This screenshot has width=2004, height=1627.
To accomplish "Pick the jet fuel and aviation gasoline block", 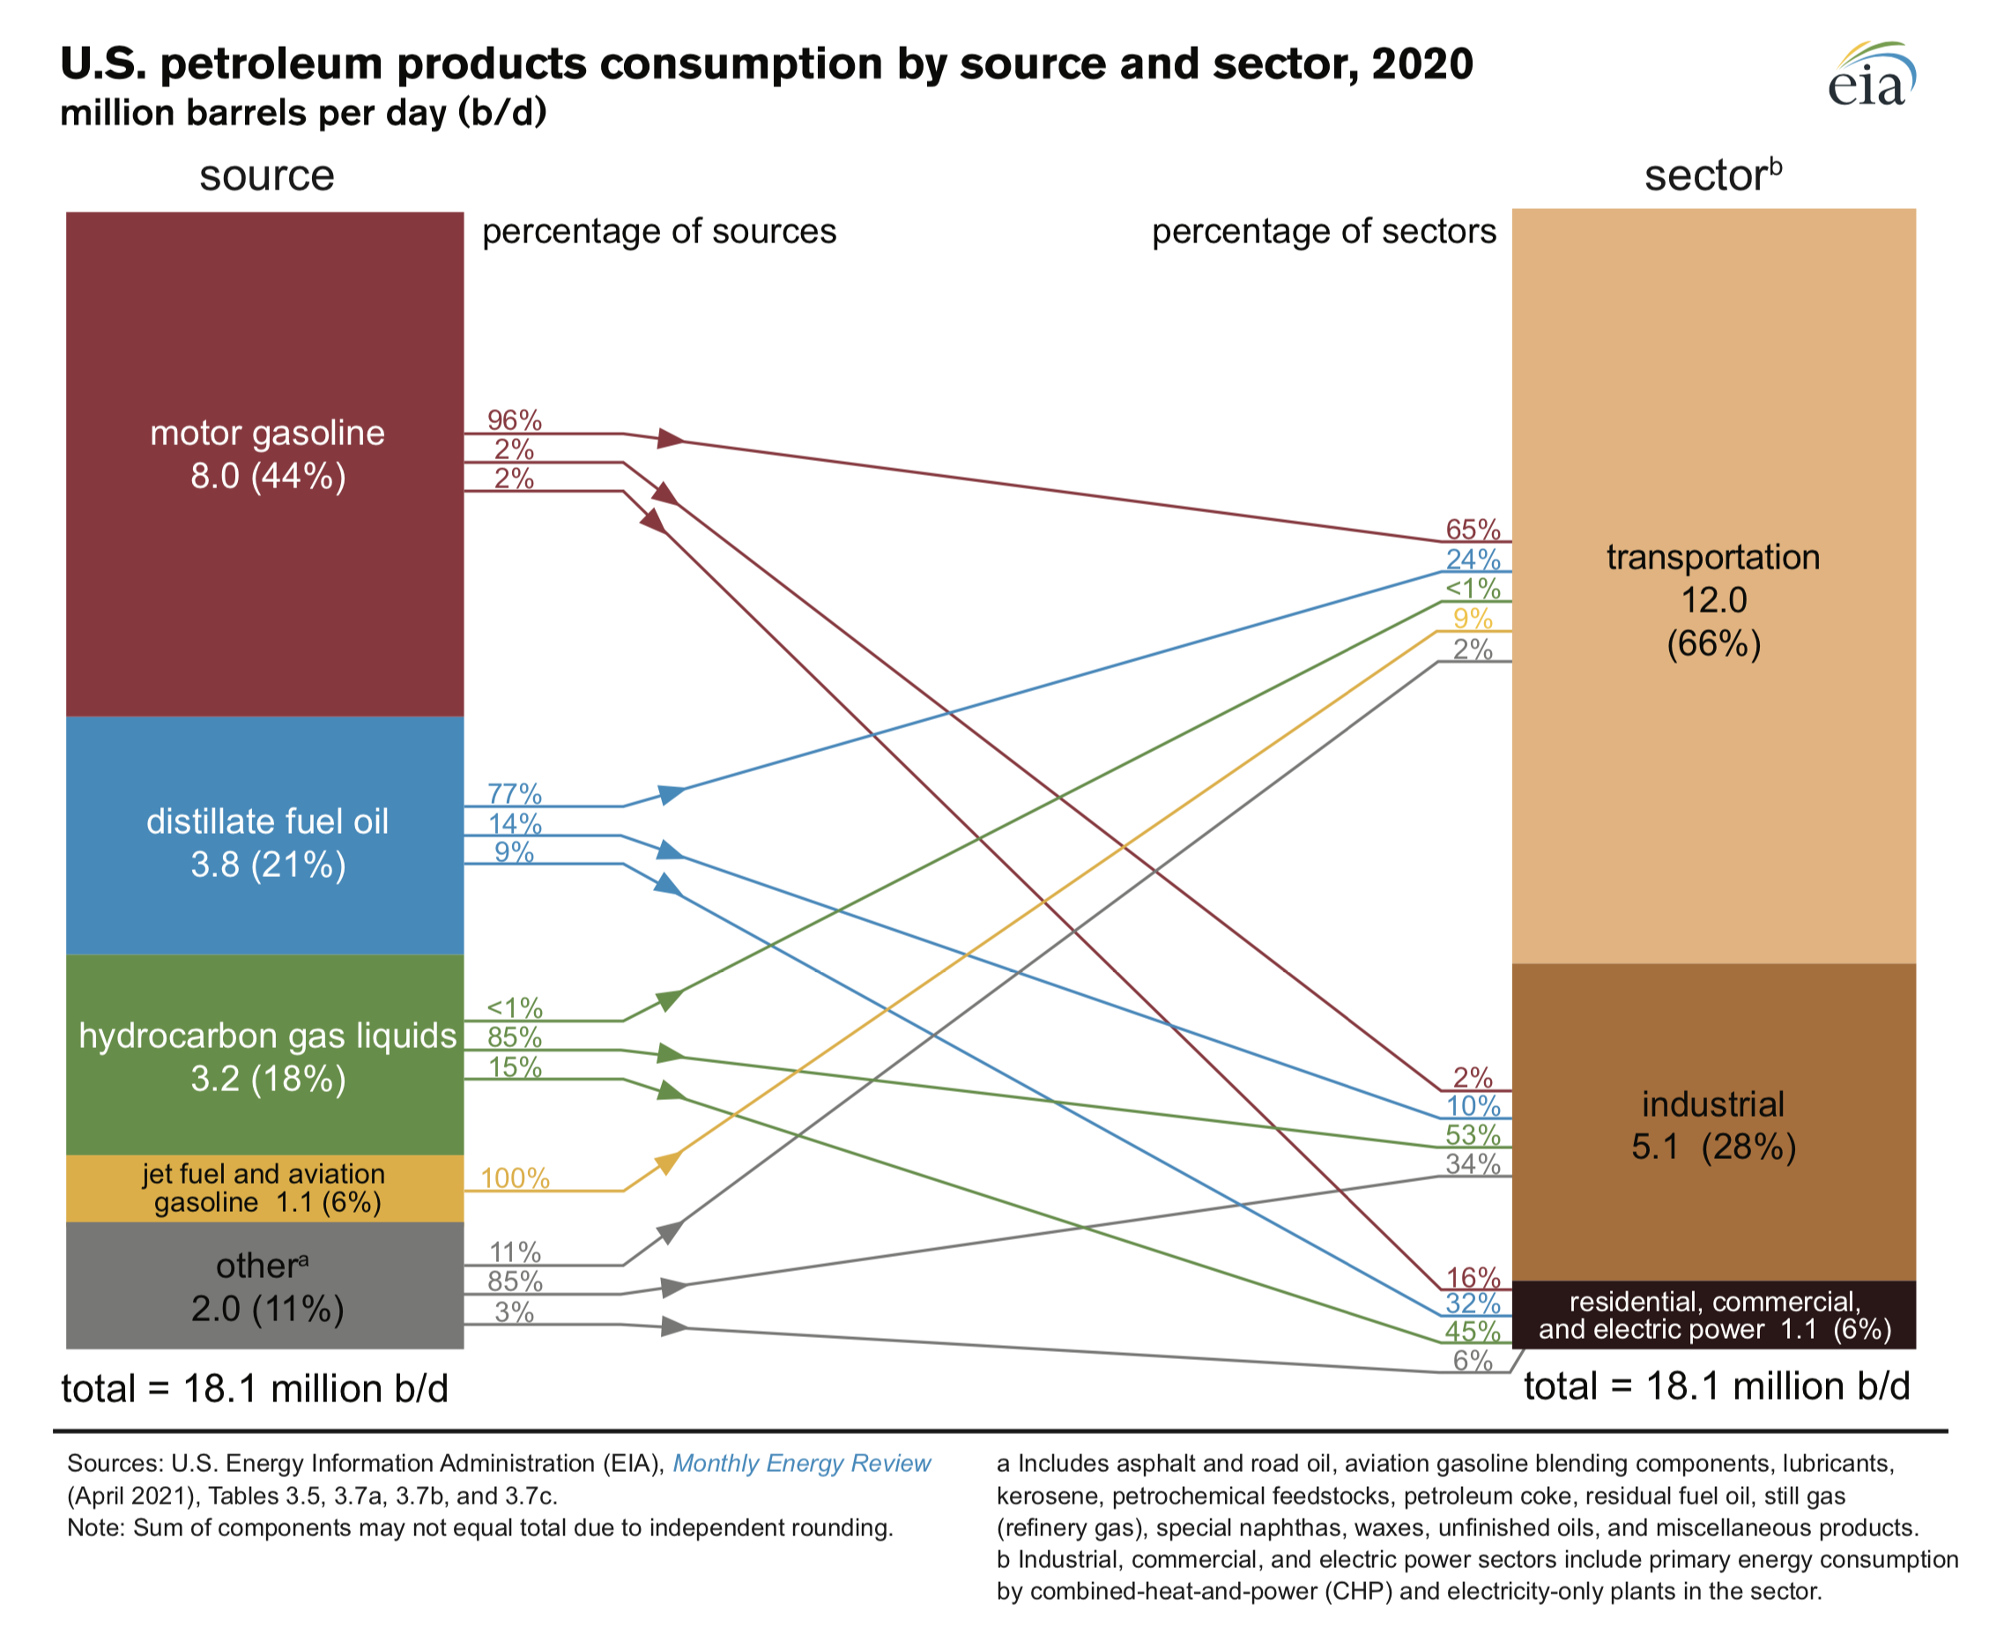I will coord(265,1188).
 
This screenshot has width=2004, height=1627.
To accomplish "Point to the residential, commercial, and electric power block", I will coord(1712,1315).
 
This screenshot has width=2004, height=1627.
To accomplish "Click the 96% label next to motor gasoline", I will coord(515,420).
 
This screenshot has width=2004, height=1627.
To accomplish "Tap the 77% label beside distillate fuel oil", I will coord(515,794).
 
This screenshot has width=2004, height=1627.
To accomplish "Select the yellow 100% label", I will coord(515,1178).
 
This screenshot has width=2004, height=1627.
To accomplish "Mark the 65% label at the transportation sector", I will coord(1473,530).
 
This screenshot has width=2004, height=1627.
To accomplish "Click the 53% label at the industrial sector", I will coord(1473,1135).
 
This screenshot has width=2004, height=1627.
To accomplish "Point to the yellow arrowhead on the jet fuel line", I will coord(668,1163).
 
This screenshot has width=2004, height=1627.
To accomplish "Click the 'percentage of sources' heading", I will coord(658,232).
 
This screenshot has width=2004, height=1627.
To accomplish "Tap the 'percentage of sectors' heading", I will coord(1323,232).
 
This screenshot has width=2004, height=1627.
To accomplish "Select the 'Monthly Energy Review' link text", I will coord(802,1464).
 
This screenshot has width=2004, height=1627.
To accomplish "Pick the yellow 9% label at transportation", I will coord(1473,619).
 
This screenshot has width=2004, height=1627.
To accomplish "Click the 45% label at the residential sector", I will coord(1473,1331).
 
